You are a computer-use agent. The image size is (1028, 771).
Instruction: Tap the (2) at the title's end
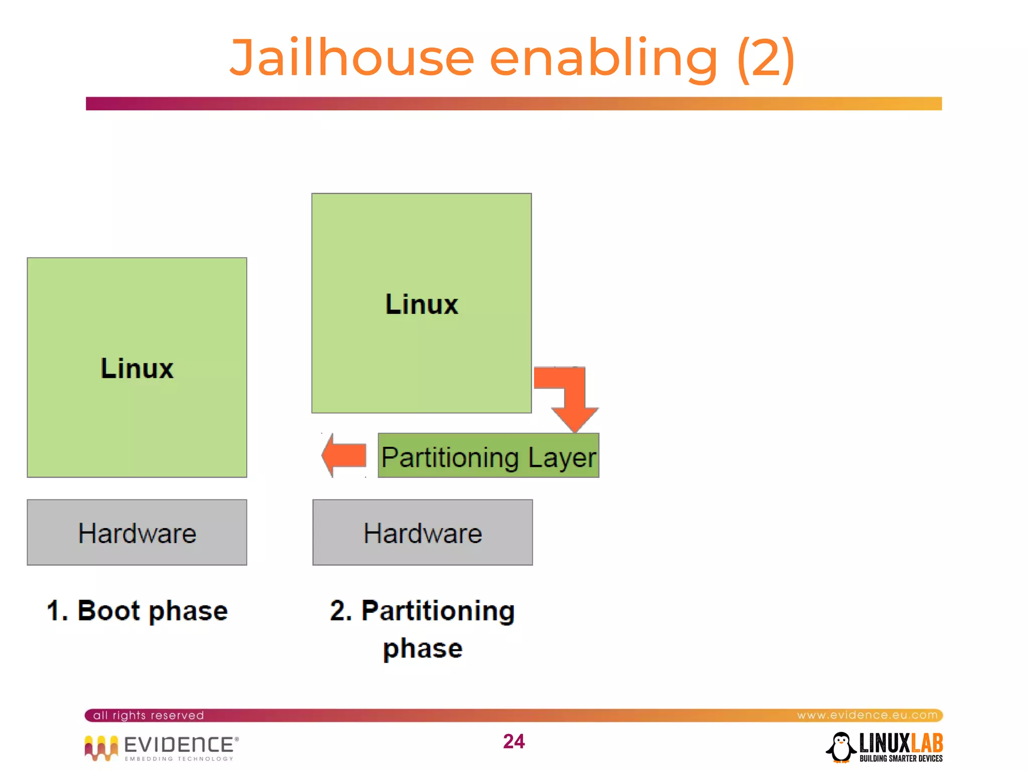coord(765,59)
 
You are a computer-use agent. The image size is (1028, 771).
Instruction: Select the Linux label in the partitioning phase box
coord(421,304)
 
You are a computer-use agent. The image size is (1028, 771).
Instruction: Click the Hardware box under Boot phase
coord(137,533)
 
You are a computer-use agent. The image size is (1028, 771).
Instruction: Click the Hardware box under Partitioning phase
coord(422,533)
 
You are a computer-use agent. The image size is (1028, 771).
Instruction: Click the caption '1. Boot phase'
coord(137,610)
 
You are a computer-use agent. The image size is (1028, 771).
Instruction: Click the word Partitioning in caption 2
coord(438,610)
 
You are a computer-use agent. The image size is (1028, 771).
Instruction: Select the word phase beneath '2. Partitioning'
coord(422,648)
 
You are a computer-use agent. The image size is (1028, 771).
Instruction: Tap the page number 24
coord(513,741)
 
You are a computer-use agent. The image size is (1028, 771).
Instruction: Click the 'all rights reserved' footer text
coord(149,715)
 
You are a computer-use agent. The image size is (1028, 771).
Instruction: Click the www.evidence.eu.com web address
coord(867,715)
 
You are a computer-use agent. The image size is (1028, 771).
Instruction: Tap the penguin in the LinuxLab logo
coord(841,747)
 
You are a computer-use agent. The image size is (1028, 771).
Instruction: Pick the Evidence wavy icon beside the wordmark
coord(101,747)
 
